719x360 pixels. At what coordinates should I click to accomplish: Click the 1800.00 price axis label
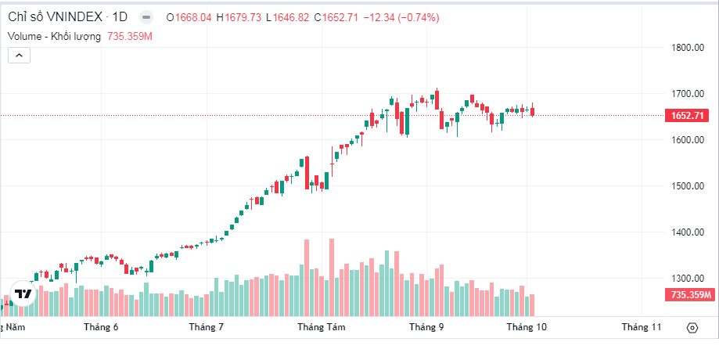(688, 48)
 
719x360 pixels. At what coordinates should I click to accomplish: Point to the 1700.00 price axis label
(688, 94)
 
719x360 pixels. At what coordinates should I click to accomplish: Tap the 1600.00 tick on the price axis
(688, 140)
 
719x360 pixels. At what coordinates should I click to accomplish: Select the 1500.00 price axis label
(688, 186)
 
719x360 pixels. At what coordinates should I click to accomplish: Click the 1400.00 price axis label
(688, 232)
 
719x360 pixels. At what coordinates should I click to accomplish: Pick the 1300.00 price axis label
(688, 279)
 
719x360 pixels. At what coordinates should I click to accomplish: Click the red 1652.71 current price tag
(688, 116)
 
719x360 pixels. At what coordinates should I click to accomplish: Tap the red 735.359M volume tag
(691, 295)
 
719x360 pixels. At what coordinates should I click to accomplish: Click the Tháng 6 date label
(101, 327)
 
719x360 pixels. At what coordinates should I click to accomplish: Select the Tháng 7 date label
(207, 327)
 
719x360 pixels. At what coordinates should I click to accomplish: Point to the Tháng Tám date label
(321, 327)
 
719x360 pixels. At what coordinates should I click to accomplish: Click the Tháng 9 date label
(426, 327)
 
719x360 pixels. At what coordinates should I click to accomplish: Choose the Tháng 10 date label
(527, 327)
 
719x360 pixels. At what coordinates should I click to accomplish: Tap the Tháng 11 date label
(642, 327)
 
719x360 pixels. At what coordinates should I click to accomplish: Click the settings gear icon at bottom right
(692, 328)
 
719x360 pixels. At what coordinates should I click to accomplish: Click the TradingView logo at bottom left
(23, 294)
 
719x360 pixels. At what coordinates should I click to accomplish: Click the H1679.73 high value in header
(239, 17)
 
